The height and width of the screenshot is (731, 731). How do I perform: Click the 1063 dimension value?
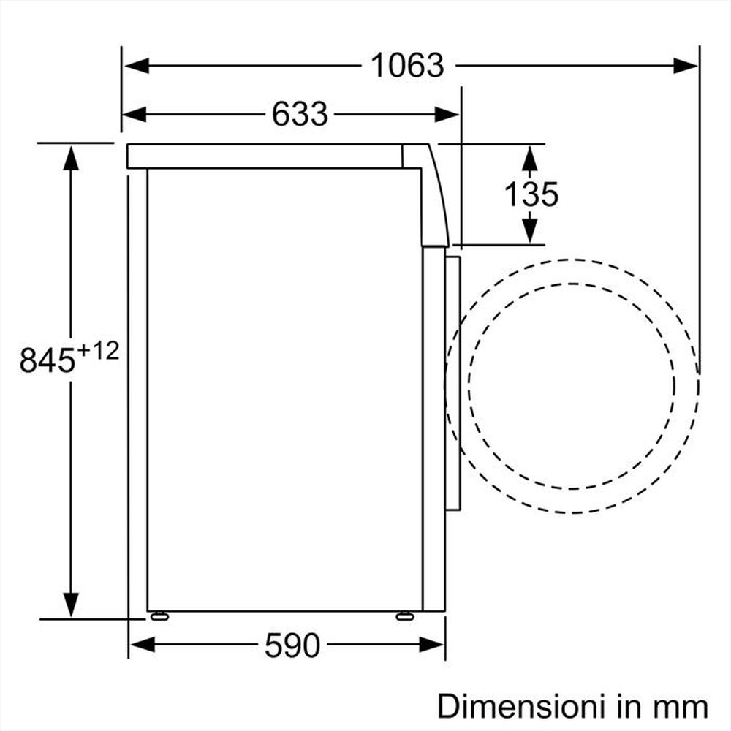coord(407,66)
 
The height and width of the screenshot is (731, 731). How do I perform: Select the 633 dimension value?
coord(300,113)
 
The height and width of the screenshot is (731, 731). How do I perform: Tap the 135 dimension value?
coord(531,194)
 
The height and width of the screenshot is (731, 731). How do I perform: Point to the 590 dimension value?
coord(292,645)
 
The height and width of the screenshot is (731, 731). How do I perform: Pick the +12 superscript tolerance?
coord(97,351)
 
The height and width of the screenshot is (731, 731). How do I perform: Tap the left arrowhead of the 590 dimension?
coord(141,645)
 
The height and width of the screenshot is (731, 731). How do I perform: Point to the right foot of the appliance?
coord(403,616)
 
